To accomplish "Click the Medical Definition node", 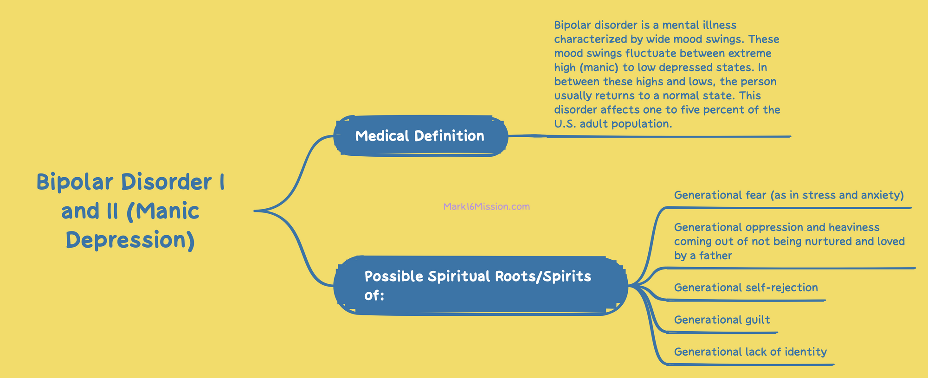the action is tap(420, 136).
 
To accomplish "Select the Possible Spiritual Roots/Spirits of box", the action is tap(481, 285).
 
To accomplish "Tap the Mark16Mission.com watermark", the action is tap(486, 206).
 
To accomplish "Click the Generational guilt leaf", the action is tap(722, 320).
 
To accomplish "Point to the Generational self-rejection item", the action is tap(746, 288).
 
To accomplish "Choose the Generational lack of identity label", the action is tap(750, 352).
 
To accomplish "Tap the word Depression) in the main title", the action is tap(130, 240).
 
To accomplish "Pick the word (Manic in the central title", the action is tap(163, 211).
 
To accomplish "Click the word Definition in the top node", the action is tap(449, 136).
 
